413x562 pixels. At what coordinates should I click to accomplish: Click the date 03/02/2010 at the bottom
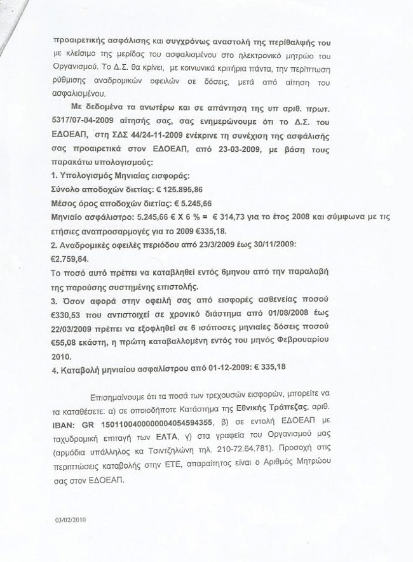(x=71, y=518)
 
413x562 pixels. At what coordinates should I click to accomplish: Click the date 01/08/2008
(x=290, y=316)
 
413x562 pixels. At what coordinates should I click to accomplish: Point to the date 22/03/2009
(x=78, y=330)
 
